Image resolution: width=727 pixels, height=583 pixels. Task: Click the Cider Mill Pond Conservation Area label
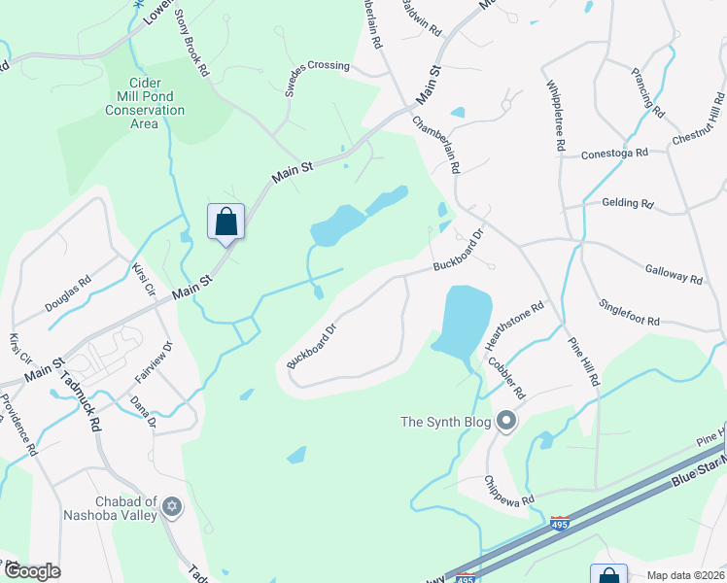click(146, 97)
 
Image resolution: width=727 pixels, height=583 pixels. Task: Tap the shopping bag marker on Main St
click(225, 222)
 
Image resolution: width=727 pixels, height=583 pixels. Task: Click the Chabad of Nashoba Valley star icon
click(172, 506)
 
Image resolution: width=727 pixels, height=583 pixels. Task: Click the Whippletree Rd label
click(555, 115)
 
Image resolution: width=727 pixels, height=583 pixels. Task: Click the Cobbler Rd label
click(506, 379)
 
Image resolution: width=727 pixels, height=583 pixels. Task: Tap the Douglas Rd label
click(67, 291)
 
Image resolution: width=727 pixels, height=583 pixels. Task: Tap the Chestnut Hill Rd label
click(699, 121)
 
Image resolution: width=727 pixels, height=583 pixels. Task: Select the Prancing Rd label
click(646, 92)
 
